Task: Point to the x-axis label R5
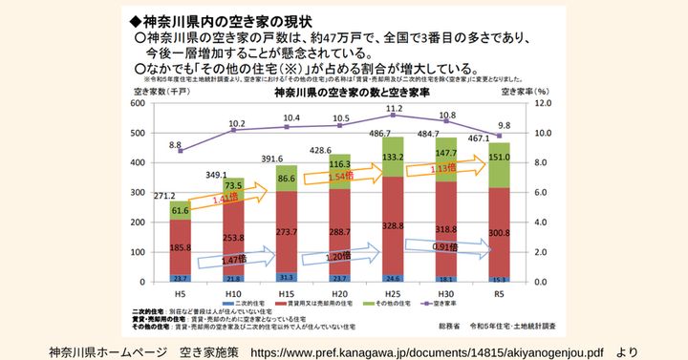pyautogui.click(x=500, y=293)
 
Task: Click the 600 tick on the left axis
pyautogui.click(x=133, y=105)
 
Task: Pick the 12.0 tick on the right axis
pyautogui.click(x=542, y=105)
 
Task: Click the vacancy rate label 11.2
pyautogui.click(x=394, y=110)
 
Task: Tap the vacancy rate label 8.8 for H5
pyautogui.click(x=176, y=145)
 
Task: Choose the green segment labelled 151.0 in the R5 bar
pyautogui.click(x=500, y=158)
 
